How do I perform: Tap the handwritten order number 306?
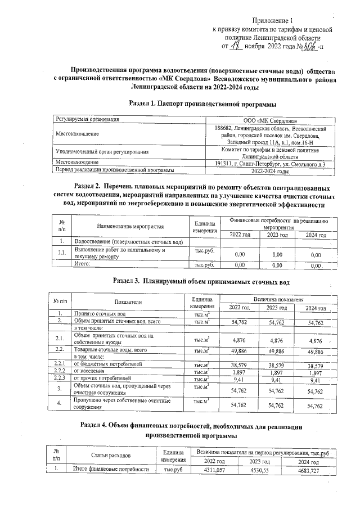point(308,46)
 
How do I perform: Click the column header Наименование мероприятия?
point(130,226)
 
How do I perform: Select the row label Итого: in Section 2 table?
point(87,264)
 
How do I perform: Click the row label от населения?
point(89,372)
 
